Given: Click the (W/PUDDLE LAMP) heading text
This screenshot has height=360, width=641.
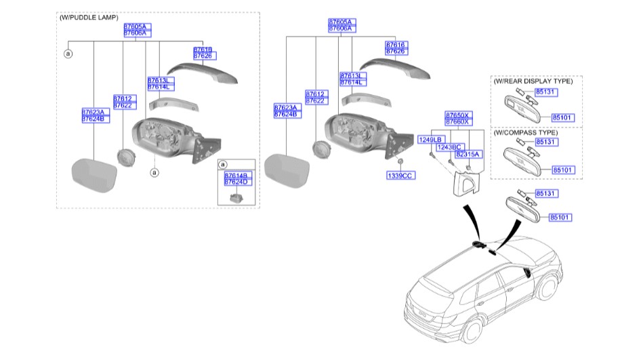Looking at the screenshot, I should click(x=89, y=18).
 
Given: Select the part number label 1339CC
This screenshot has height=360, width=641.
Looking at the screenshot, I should click(x=400, y=175).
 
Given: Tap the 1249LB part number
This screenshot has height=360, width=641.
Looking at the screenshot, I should click(x=430, y=139).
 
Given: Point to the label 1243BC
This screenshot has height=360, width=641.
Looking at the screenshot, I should click(x=449, y=146).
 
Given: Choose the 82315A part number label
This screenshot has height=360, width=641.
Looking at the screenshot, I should click(x=468, y=155).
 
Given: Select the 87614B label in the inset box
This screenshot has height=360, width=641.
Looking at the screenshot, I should click(x=237, y=176).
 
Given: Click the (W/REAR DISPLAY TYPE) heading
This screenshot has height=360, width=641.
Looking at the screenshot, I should click(x=533, y=81).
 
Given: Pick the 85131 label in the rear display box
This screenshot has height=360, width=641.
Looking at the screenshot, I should click(x=545, y=91).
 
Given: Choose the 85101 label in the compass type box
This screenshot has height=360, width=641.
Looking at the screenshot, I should click(x=562, y=169).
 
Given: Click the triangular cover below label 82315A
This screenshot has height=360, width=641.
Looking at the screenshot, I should click(x=463, y=180).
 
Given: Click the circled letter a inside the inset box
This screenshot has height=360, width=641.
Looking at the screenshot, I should click(x=224, y=165).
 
